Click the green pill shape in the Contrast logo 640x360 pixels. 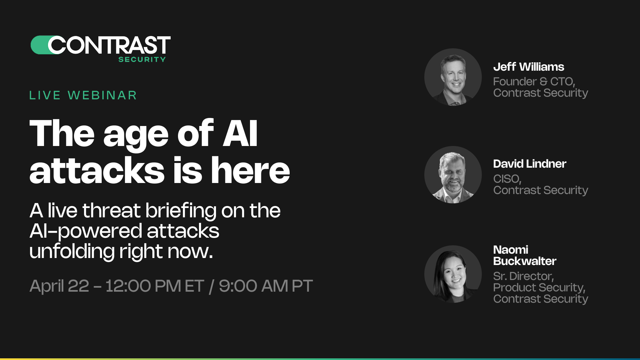[x=39, y=45]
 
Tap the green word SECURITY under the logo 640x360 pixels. [x=142, y=60]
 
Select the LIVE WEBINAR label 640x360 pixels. [x=83, y=95]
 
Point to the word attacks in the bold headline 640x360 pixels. [x=97, y=171]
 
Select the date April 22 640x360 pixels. [x=59, y=286]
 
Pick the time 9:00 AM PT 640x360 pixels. [x=266, y=286]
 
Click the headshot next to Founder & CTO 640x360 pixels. [x=453, y=77]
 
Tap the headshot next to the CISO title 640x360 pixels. [x=453, y=175]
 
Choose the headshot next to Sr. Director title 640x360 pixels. [x=453, y=274]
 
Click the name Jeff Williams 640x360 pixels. [x=529, y=67]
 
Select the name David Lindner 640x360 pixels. [x=530, y=164]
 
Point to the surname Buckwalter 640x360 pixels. [x=525, y=261]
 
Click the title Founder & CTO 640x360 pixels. [x=534, y=82]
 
